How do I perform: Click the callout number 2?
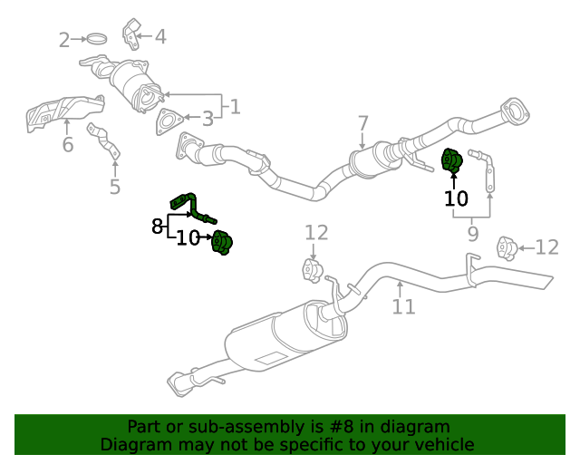coord(64,40)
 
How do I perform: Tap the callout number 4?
coord(160,36)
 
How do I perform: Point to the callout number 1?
coord(236,107)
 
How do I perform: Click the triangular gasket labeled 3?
coord(169,121)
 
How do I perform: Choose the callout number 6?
coord(68,144)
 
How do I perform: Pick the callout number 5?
coord(115,187)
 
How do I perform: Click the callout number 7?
coord(363,123)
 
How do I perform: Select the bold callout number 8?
coord(157,226)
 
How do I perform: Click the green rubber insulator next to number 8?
coord(222,243)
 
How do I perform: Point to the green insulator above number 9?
coord(452,160)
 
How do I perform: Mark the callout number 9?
coord(473,234)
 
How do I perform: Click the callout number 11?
coord(403,306)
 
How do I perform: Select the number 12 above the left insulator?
coord(316,233)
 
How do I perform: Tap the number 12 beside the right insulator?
coord(546,247)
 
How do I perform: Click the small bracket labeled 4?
coord(131,34)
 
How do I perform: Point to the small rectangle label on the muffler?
coord(272,357)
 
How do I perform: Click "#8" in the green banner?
coord(341,427)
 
